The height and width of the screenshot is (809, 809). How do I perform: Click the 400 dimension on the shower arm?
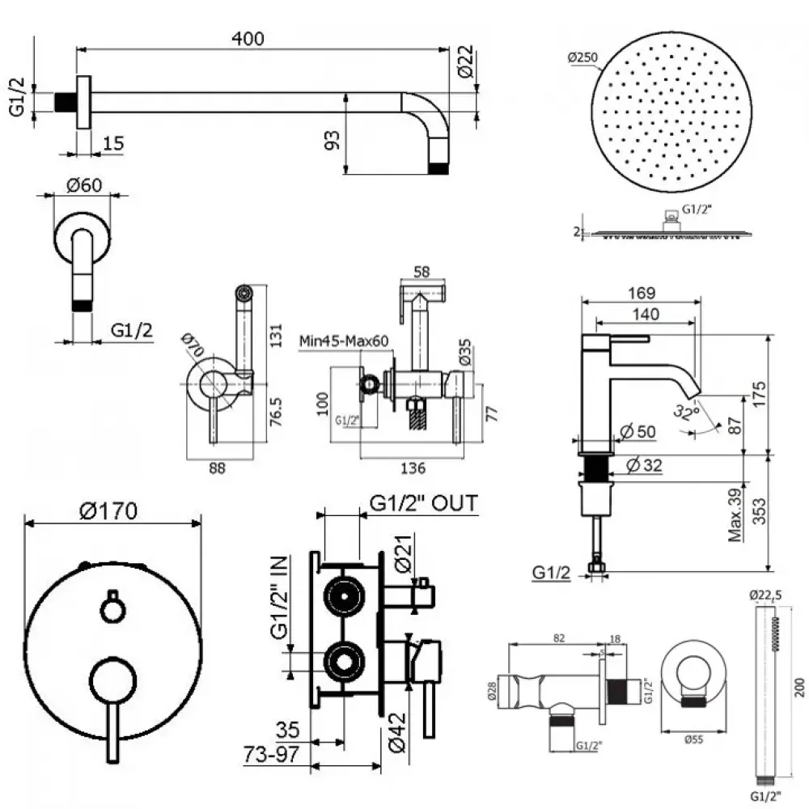coord(248,37)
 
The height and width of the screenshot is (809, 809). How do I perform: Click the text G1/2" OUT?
coord(423,503)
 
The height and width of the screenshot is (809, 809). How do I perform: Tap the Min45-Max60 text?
coord(345,341)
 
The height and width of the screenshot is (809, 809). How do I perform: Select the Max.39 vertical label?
coord(735,514)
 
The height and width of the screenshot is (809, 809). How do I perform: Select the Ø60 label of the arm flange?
coord(83,184)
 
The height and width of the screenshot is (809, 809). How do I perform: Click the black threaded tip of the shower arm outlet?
coord(438,169)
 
